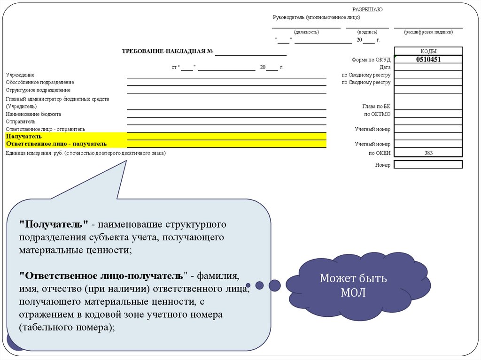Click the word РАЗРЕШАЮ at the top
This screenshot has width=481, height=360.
[x=367, y=9]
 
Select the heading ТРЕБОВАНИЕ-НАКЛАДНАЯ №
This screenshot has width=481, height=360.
[x=168, y=51]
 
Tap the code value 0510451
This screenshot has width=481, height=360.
[x=428, y=60]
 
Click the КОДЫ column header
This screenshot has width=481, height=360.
[x=428, y=51]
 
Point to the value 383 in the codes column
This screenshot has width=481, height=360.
[x=428, y=153]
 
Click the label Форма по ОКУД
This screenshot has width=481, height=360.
[x=371, y=60]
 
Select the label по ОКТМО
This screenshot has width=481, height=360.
[x=377, y=114]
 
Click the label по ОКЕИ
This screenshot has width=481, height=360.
[x=380, y=153]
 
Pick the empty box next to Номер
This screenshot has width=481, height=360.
[x=428, y=165]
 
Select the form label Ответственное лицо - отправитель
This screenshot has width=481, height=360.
[x=45, y=129]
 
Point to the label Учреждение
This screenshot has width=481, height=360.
[x=20, y=75]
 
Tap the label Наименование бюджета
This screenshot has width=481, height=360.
[x=33, y=114]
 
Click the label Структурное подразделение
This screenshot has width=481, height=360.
[x=38, y=90]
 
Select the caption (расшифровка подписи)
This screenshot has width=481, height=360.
[x=428, y=32]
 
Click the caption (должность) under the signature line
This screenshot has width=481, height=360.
[x=306, y=32]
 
